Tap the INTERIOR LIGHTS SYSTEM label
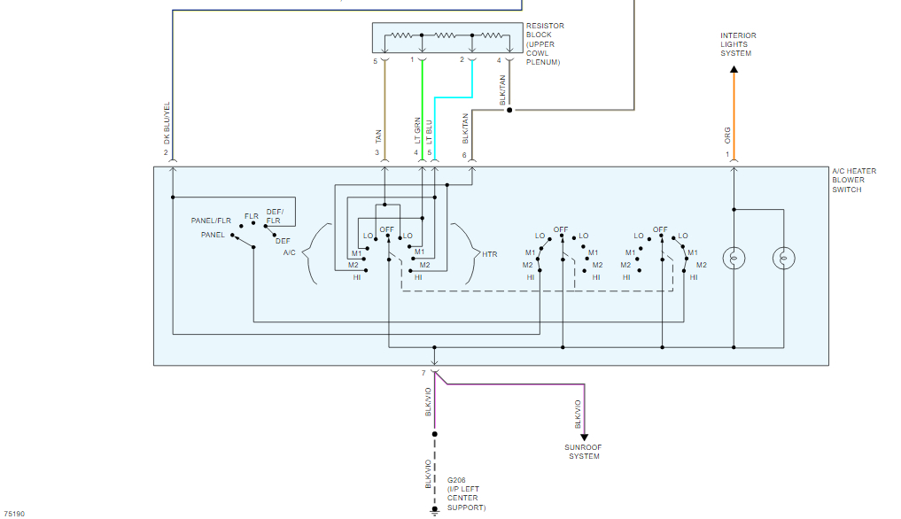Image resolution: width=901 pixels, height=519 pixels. pyautogui.click(x=738, y=44)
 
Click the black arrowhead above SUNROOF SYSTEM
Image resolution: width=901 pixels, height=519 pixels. pyautogui.click(x=584, y=437)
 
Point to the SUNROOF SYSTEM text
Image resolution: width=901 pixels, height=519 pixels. pyautogui.click(x=584, y=452)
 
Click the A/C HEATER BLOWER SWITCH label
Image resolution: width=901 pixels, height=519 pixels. pyautogui.click(x=854, y=180)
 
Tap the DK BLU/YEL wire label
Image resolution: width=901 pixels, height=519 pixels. pyautogui.click(x=167, y=123)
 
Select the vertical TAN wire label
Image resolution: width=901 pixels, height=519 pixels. pyautogui.click(x=378, y=136)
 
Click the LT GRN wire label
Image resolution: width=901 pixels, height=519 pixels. pyautogui.click(x=417, y=130)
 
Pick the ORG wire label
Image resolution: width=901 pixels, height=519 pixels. pyautogui.click(x=728, y=136)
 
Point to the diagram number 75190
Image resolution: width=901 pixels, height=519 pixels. pyautogui.click(x=14, y=513)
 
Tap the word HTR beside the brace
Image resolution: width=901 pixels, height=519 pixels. pyautogui.click(x=490, y=254)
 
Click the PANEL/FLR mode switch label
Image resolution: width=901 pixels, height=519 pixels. pyautogui.click(x=211, y=221)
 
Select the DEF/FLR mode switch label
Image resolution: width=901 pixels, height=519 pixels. pyautogui.click(x=274, y=216)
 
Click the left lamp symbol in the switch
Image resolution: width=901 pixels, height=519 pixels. pyautogui.click(x=734, y=259)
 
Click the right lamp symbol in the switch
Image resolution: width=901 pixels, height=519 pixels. pyautogui.click(x=783, y=259)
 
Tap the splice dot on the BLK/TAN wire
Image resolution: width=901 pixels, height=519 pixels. pyautogui.click(x=509, y=111)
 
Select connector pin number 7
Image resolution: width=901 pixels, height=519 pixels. pyautogui.click(x=423, y=373)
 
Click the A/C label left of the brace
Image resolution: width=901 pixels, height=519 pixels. pyautogui.click(x=290, y=253)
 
